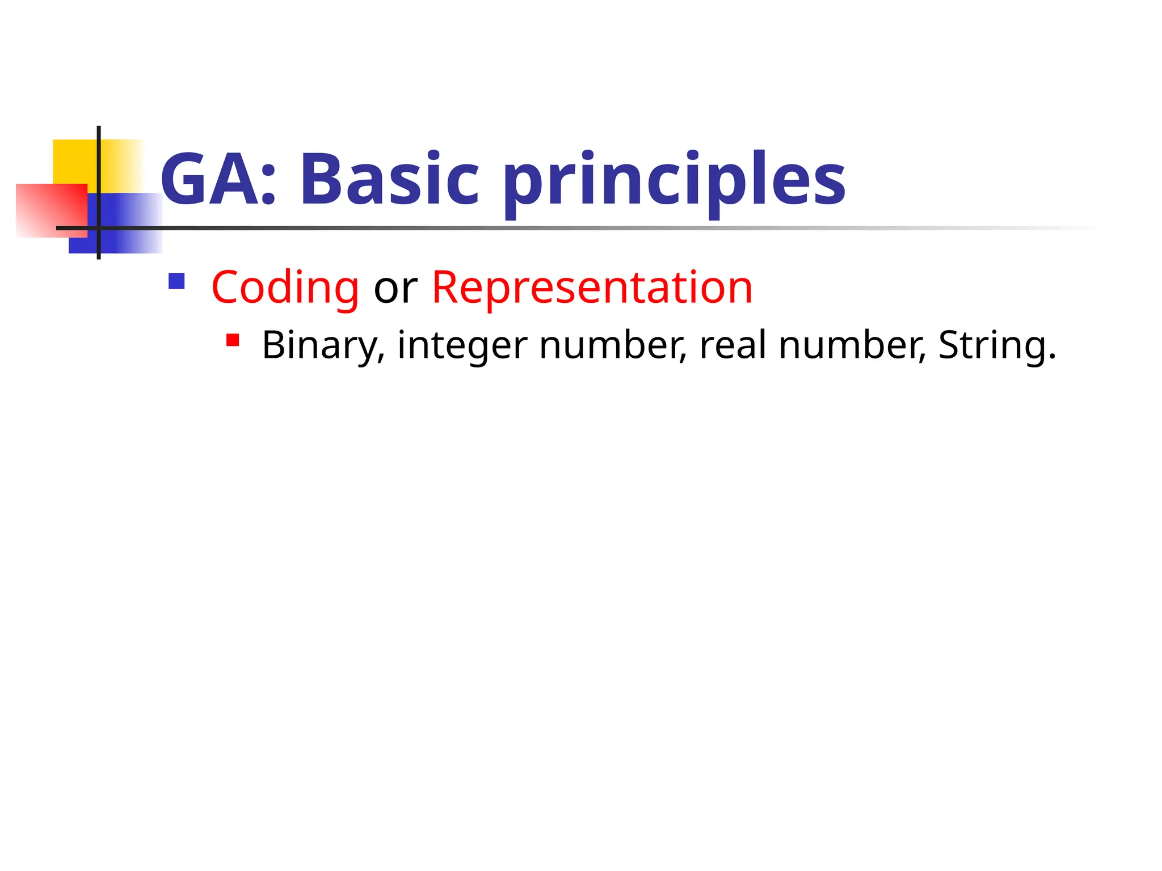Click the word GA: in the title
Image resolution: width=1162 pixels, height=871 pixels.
pyautogui.click(x=218, y=179)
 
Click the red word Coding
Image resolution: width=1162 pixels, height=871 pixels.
pyautogui.click(x=285, y=288)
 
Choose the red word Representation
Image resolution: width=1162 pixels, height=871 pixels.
pyautogui.click(x=592, y=288)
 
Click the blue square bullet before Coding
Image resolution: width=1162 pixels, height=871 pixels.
pyautogui.click(x=176, y=281)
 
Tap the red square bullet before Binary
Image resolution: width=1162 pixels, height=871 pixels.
pyautogui.click(x=233, y=340)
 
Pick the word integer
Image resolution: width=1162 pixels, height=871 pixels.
pyautogui.click(x=462, y=345)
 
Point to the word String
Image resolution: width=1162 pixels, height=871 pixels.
pyautogui.click(x=996, y=345)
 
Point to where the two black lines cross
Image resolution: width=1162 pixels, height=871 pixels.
pyautogui.click(x=99, y=228)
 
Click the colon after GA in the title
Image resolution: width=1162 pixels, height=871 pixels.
pyautogui.click(x=269, y=187)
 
